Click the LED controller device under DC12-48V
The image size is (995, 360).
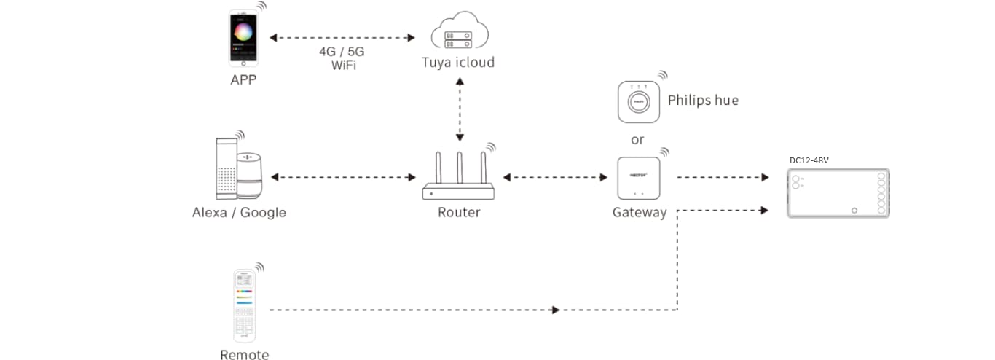click(x=838, y=193)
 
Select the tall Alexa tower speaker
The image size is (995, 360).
click(x=226, y=169)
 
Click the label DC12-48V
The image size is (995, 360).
click(x=809, y=160)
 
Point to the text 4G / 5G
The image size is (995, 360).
click(x=342, y=52)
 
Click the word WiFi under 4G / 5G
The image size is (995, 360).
click(x=342, y=66)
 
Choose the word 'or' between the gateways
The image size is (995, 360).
click(x=637, y=139)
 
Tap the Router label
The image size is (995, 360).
click(x=459, y=213)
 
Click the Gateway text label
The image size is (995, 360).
click(x=639, y=213)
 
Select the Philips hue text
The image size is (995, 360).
click(x=702, y=101)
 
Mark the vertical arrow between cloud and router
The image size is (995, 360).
click(x=460, y=110)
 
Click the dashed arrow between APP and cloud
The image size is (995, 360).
click(x=342, y=36)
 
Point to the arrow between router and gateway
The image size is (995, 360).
click(x=555, y=177)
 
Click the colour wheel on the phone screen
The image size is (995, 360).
click(x=243, y=31)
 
